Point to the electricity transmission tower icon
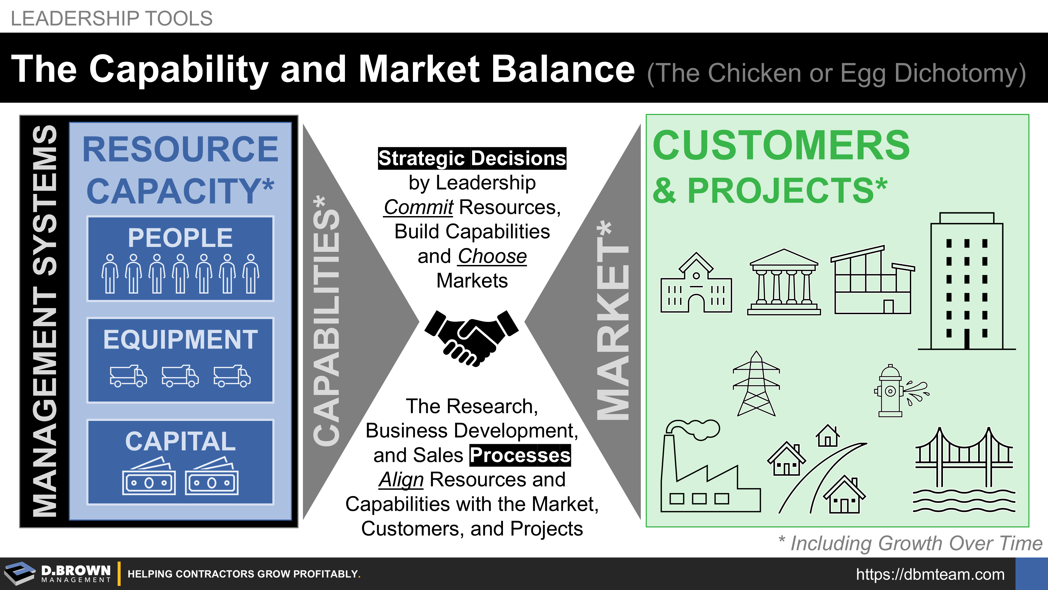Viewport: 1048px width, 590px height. coord(756,383)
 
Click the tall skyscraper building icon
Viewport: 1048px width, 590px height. coord(967,281)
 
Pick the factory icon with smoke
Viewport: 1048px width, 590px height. coord(710,467)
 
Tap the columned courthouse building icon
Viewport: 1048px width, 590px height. coord(784,282)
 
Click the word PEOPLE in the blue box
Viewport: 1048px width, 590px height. coord(180,238)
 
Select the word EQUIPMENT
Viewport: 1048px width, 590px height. coord(180,339)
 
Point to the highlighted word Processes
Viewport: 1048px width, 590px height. coord(520,455)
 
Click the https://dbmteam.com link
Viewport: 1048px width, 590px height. coord(930,574)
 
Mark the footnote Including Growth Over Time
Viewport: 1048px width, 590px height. coord(910,543)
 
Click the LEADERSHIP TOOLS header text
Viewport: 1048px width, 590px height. coord(111,18)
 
